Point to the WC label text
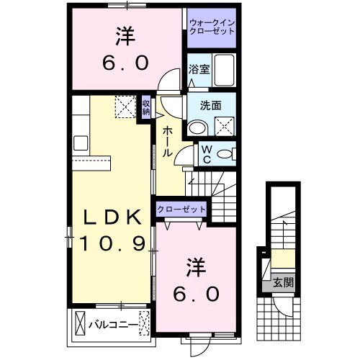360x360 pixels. coord(205,153)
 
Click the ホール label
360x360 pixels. coord(166,141)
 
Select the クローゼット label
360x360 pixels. coord(181,210)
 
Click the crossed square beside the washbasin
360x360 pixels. coord(224,125)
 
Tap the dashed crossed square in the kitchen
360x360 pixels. coord(125,107)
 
